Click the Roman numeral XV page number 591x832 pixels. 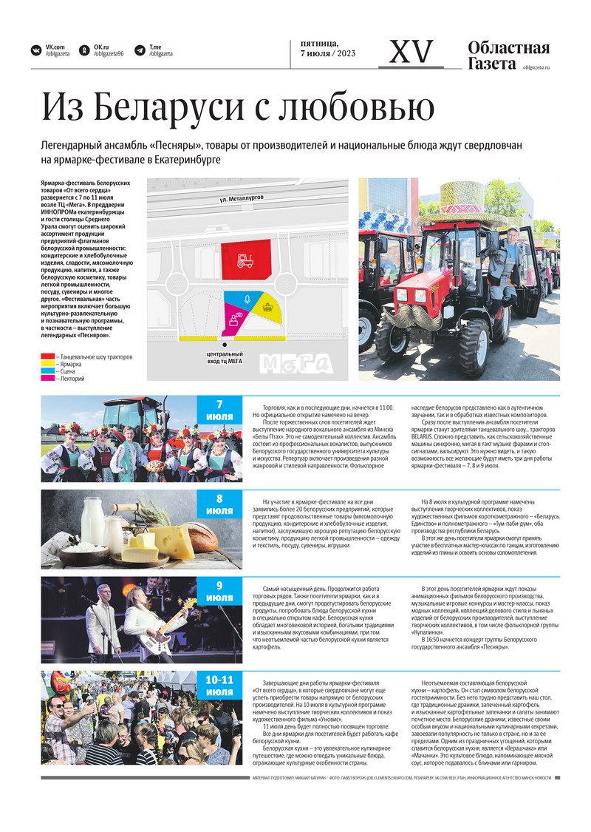[411, 53]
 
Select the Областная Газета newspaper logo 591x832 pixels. [509, 55]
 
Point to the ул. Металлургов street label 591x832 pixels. [242, 199]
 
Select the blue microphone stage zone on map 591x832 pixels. [247, 300]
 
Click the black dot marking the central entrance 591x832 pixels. [225, 344]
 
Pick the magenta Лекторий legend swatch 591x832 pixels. [47, 379]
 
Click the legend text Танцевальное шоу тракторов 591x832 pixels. [95, 357]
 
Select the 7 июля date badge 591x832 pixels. [219, 411]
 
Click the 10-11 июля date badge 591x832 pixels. [219, 686]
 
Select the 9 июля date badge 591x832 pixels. [219, 592]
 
